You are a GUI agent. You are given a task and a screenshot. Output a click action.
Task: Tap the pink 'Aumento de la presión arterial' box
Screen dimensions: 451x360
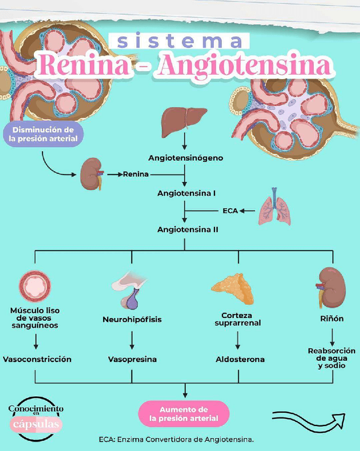[183, 414]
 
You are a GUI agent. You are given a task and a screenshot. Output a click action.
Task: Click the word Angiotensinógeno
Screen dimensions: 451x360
[186, 158]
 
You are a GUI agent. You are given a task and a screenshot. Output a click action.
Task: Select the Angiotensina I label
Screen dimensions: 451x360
[186, 193]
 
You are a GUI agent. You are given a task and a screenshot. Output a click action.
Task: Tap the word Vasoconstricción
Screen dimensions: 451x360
[37, 359]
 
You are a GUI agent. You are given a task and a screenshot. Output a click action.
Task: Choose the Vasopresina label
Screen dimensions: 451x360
[132, 359]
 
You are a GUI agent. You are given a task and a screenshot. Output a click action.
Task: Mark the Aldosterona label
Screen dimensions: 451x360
[240, 359]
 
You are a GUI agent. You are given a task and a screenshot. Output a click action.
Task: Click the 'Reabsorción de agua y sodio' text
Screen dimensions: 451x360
[332, 358]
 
